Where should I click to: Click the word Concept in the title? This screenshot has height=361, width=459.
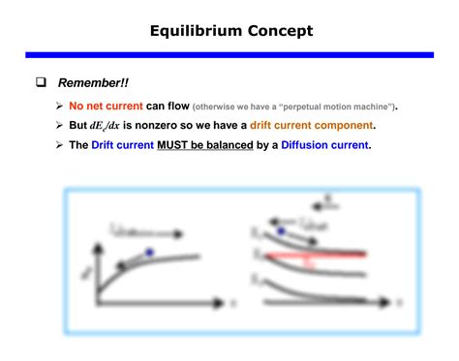click(x=280, y=31)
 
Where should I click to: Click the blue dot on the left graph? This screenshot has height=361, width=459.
click(x=148, y=253)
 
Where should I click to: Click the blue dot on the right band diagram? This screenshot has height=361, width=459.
click(x=281, y=231)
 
